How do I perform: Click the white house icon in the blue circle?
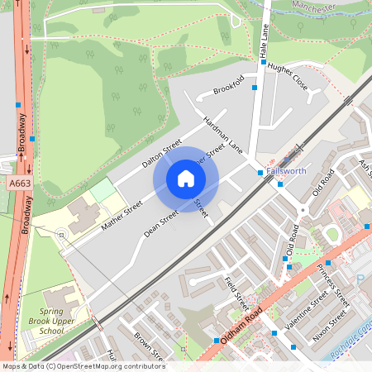click(186, 179)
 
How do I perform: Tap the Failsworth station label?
click(286, 170)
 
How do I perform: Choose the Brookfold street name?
click(228, 83)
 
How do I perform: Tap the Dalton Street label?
click(161, 153)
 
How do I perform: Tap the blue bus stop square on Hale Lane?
click(255, 87)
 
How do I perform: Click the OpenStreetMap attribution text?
click(83, 366)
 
